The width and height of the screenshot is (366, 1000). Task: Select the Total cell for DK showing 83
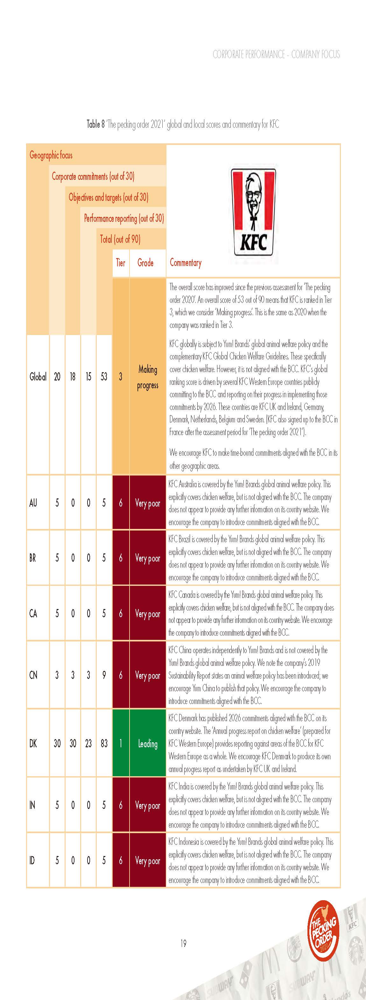pos(104,743)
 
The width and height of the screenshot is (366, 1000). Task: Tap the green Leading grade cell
pos(148,743)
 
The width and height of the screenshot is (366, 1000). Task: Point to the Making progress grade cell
pos(148,377)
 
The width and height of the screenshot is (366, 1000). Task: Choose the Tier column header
pos(120,263)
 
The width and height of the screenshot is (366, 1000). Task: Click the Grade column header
pos(145,263)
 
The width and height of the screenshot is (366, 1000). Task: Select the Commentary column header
pos(186,263)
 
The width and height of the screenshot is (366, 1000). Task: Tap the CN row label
pos(33,675)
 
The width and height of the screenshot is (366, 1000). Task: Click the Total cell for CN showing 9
pos(104,675)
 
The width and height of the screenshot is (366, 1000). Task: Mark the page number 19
pos(183,943)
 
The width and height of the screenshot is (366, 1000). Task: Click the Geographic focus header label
pos(51,155)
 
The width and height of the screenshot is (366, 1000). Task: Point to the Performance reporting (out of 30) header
pos(124,218)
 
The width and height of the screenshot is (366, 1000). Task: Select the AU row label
pos(33,503)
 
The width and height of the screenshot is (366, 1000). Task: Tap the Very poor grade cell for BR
pos(148,558)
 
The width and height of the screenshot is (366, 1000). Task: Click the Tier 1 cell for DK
pos(120,743)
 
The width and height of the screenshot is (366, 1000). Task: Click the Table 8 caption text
pos(183,125)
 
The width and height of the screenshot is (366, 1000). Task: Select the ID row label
pos(32,861)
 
